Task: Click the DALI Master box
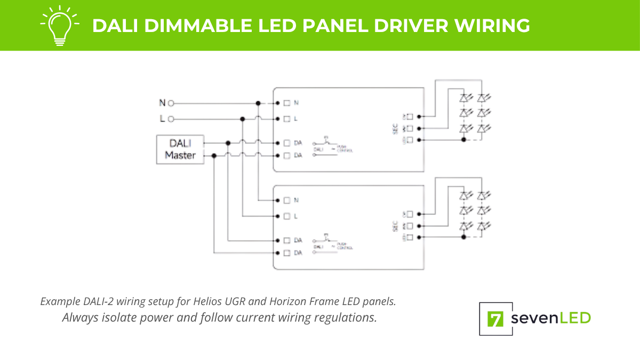pyautogui.click(x=180, y=149)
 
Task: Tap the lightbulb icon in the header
pyautogui.click(x=60, y=25)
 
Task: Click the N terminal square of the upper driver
pyautogui.click(x=287, y=103)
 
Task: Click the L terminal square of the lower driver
pyautogui.click(x=287, y=216)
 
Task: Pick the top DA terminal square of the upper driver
pyautogui.click(x=287, y=143)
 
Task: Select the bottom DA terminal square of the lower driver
pyautogui.click(x=287, y=252)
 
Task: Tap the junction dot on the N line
pyautogui.click(x=258, y=103)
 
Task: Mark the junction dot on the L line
pyautogui.click(x=243, y=119)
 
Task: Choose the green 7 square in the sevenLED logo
pyautogui.click(x=496, y=319)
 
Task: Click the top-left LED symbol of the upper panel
pyautogui.click(x=465, y=98)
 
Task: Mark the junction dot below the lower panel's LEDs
pyautogui.click(x=463, y=237)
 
